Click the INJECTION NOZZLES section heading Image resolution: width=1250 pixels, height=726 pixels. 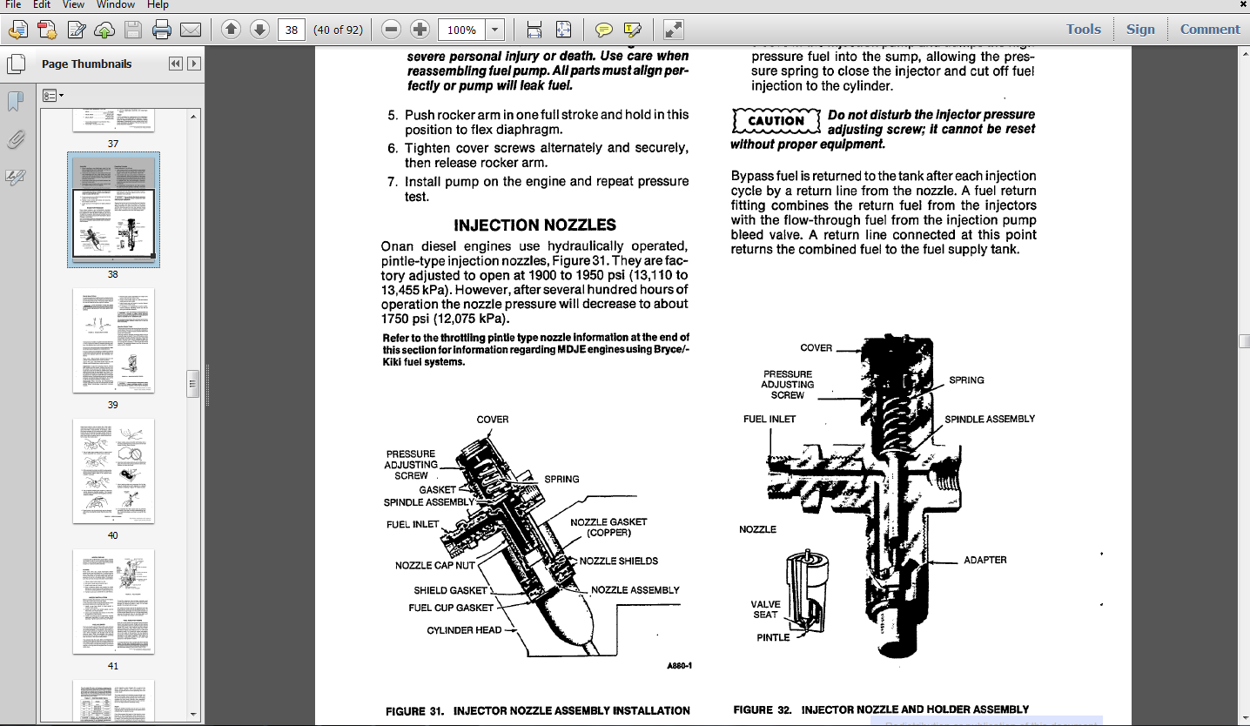pos(534,225)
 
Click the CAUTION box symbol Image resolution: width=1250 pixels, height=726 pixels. pos(776,120)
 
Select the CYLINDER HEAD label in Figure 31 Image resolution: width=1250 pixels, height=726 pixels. pos(464,630)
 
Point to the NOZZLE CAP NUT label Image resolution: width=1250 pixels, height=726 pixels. pos(435,566)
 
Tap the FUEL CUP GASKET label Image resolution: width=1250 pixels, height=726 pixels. pos(451,608)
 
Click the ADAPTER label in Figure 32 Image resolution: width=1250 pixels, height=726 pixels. pos(985,560)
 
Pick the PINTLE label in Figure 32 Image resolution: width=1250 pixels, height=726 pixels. pos(773,637)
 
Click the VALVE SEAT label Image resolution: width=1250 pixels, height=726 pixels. pos(765,609)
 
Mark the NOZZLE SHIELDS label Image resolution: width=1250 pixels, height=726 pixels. pos(619,561)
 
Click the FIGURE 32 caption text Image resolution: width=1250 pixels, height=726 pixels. pos(881,709)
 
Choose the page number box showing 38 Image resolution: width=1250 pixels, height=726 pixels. pos(292,30)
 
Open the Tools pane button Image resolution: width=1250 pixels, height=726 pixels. pos(1083,29)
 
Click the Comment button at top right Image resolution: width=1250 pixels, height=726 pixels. pos(1209,29)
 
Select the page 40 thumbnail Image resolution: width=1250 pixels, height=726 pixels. pos(113,471)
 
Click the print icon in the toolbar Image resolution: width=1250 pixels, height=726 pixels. pos(162,30)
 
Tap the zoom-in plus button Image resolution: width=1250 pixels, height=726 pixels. pos(420,30)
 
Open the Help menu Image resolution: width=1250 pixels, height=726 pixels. pos(158,4)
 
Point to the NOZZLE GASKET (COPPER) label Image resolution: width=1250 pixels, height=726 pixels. pos(608,528)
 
